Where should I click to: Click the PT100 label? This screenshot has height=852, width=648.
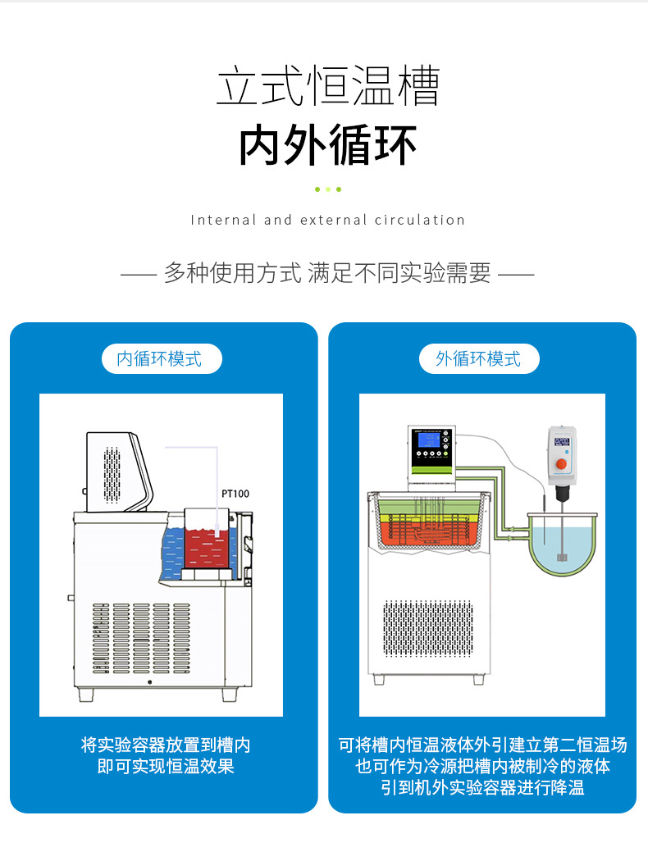(235, 494)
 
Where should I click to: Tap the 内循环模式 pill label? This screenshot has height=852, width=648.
(161, 359)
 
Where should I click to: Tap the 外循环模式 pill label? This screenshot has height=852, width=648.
(479, 359)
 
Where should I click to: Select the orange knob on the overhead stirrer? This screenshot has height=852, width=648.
(561, 464)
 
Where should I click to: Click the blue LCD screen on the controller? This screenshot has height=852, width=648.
(427, 440)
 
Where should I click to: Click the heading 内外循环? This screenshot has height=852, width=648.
(327, 145)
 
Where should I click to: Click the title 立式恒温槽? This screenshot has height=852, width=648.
(327, 87)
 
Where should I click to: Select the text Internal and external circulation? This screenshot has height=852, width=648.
(327, 220)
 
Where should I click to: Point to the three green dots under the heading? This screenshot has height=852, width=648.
(327, 189)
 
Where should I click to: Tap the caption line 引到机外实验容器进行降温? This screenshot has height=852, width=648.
(482, 787)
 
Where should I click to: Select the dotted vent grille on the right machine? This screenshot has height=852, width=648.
(427, 628)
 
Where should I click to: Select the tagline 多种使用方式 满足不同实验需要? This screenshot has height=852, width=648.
(327, 273)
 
